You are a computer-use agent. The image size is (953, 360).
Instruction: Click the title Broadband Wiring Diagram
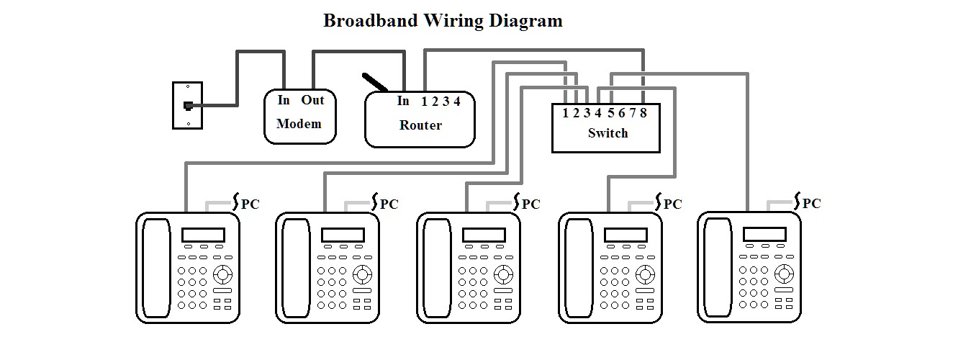coord(443,20)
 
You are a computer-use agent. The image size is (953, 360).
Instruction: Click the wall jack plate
coord(187,105)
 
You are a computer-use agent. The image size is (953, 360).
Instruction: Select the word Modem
coord(299,123)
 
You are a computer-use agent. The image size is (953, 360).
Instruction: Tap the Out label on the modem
coord(312,100)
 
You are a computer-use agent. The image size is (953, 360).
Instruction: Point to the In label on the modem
coord(284,100)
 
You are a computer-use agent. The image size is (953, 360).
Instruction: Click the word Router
coord(420,125)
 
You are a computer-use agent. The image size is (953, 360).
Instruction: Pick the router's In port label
coord(403,101)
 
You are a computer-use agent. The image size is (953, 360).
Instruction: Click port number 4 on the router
coord(457,102)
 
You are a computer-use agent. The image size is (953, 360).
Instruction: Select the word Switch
coord(608,133)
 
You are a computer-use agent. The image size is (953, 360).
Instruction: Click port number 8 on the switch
coord(643,112)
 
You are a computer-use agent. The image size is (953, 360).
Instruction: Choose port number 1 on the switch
coord(566,112)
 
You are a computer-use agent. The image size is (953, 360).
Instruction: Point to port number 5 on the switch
coord(610,112)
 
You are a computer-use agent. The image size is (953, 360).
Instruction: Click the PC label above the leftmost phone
coord(250,204)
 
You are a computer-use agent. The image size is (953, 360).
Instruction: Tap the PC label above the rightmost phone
coord(811,203)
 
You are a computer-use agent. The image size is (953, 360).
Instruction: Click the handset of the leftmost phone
coord(155,267)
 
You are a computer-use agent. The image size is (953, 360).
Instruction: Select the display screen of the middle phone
coord(484,235)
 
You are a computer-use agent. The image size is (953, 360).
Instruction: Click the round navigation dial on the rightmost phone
coord(785,273)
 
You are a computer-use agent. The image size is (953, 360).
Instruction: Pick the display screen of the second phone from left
coord(343,235)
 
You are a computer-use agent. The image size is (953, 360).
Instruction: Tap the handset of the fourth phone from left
coord(578,267)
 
